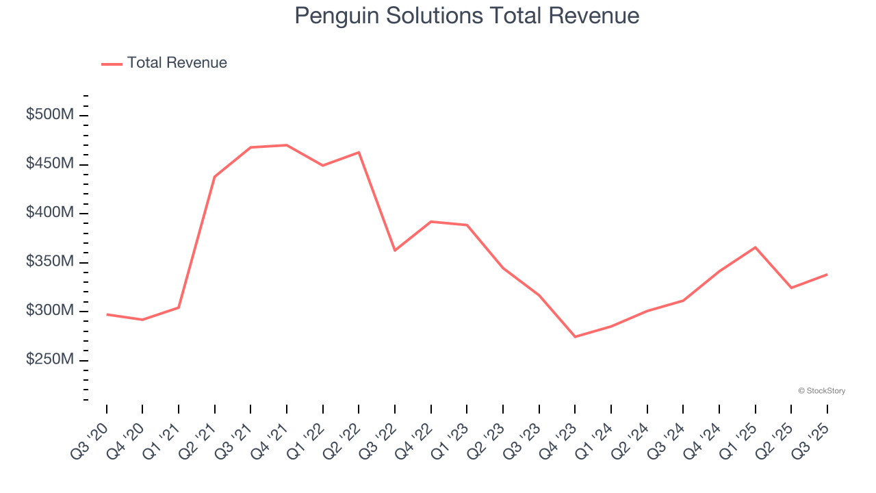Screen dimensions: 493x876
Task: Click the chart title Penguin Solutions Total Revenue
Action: [467, 16]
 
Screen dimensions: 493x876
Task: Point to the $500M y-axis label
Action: [50, 115]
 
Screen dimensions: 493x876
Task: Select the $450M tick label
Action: [50, 164]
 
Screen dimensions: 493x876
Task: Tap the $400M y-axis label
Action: [50, 213]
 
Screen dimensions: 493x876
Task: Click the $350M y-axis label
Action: [50, 262]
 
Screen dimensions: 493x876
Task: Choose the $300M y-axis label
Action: [50, 311]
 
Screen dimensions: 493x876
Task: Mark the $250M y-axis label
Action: [50, 360]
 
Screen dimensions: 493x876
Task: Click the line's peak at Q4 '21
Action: [287, 145]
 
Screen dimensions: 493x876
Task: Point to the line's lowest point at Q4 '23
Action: [575, 337]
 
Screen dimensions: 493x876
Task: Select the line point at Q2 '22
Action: [359, 152]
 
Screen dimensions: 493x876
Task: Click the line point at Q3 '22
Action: [395, 251]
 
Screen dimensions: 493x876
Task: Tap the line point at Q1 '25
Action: [755, 247]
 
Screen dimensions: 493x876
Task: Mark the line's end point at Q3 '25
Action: [827, 275]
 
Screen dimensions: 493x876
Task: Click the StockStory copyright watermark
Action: [821, 391]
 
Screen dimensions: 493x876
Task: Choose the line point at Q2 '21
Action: [215, 177]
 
